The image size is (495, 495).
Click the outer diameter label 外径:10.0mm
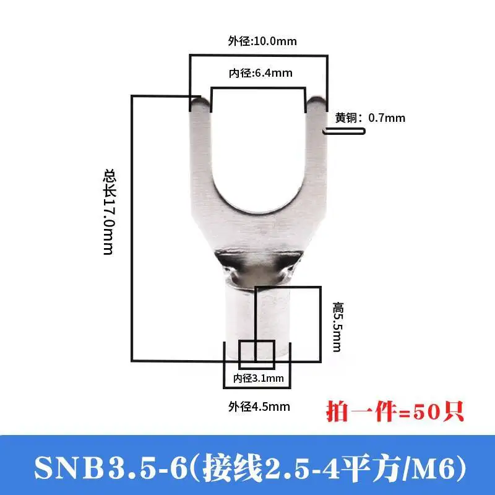tap(262, 41)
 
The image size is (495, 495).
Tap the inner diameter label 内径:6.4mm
tap(260, 73)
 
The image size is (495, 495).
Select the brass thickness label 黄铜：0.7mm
tap(370, 118)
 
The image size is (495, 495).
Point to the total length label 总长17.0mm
tap(110, 212)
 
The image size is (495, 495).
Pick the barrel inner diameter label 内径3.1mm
tap(258, 378)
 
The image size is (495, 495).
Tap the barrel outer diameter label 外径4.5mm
tap(259, 407)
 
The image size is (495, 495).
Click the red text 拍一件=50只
tap(395, 411)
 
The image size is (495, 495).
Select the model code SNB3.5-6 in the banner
tap(111, 468)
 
